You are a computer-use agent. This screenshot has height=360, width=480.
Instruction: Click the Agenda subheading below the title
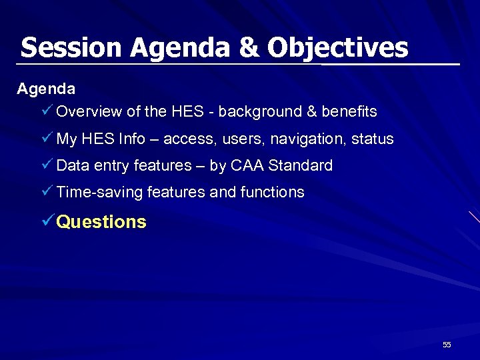click(x=46, y=88)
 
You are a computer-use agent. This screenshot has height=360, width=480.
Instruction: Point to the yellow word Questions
click(x=101, y=221)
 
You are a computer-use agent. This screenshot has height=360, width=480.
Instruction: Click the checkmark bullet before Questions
click(x=47, y=221)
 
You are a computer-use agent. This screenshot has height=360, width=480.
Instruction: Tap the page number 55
click(x=447, y=345)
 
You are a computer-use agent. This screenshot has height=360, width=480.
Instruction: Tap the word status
click(x=373, y=139)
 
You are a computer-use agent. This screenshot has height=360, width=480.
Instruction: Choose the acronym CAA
click(x=247, y=165)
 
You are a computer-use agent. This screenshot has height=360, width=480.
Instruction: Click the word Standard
click(x=300, y=165)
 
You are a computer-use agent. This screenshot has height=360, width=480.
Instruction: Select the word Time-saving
click(x=99, y=193)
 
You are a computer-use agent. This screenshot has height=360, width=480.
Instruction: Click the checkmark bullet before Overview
click(x=47, y=111)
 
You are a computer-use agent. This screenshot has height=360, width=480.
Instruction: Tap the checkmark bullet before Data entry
click(x=47, y=165)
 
